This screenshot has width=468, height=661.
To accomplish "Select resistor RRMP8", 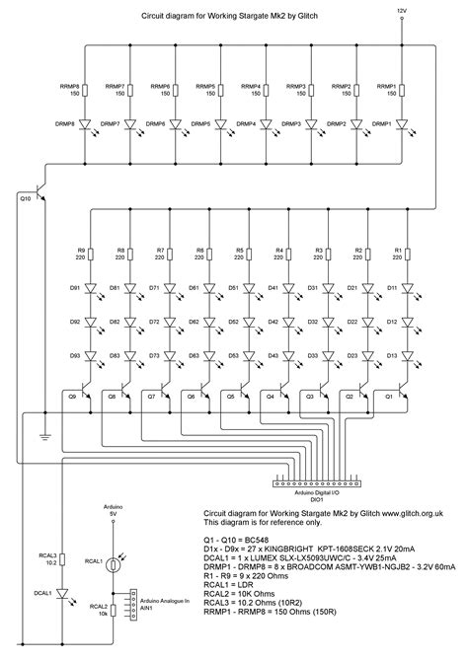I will point(87,91).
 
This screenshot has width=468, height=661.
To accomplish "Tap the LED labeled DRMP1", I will point(403,125).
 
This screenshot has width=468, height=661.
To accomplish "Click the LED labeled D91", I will point(93,289).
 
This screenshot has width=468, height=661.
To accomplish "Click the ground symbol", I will point(43,433).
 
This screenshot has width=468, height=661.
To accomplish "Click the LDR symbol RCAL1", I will point(116,562).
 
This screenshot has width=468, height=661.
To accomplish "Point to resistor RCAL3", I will point(61,559).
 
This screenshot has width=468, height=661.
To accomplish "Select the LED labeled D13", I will point(405,354).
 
